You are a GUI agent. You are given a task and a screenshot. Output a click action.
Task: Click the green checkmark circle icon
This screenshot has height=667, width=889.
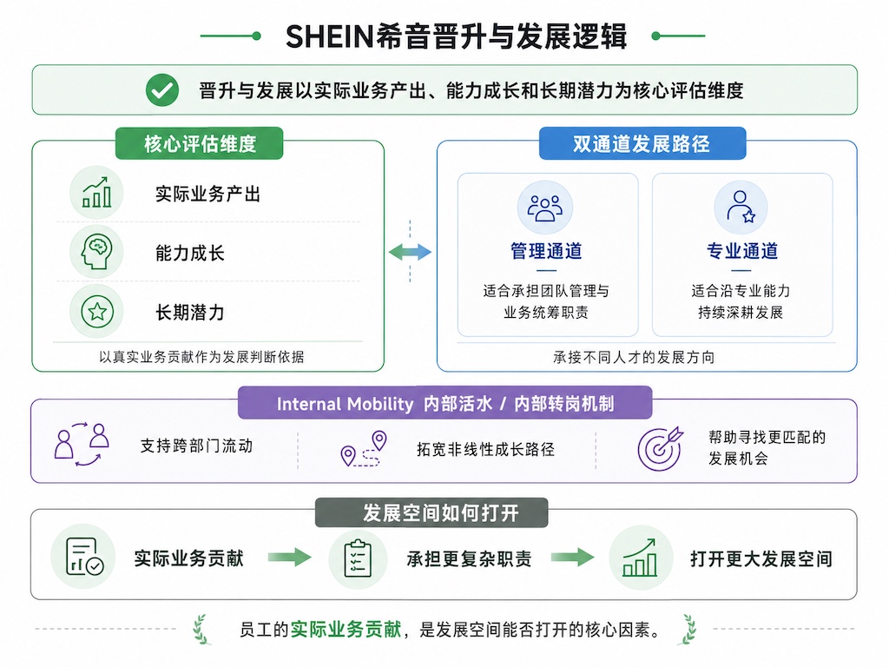click(x=162, y=89)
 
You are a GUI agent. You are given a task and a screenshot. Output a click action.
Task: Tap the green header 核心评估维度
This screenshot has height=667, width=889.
click(x=199, y=143)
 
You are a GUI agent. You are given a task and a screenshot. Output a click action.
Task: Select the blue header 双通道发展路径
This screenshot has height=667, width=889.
click(x=642, y=143)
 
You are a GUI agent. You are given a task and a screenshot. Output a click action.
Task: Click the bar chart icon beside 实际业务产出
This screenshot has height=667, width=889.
click(x=96, y=192)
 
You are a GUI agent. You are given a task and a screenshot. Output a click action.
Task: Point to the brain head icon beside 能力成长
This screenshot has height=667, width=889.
click(x=96, y=252)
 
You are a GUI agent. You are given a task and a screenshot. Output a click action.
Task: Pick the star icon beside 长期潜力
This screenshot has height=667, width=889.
click(x=96, y=312)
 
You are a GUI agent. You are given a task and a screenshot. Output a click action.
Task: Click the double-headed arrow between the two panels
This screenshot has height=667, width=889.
click(x=410, y=252)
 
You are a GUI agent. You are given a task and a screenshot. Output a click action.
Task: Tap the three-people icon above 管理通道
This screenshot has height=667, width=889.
click(x=545, y=208)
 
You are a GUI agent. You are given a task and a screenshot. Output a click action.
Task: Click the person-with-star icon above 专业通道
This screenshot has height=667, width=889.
click(x=741, y=208)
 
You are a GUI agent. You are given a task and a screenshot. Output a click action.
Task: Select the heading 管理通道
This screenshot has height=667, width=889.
click(x=546, y=251)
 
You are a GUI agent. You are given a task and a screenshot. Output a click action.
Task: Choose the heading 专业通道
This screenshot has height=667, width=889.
click(x=741, y=251)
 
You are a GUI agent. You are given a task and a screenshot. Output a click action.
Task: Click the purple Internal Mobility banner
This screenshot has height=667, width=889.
click(x=445, y=403)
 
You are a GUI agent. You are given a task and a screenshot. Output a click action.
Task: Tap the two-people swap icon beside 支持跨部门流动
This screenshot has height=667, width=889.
click(x=82, y=445)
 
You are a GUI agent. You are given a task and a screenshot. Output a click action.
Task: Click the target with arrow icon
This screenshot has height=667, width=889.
click(x=661, y=448)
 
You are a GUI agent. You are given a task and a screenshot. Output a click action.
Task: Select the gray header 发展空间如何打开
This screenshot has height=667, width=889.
click(x=431, y=512)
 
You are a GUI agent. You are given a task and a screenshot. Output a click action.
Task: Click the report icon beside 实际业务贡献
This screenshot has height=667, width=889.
click(x=83, y=557)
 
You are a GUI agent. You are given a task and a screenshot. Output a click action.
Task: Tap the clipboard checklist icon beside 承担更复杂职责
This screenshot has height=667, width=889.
click(x=358, y=558)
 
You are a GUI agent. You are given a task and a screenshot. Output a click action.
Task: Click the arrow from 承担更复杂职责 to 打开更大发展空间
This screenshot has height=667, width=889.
click(x=573, y=557)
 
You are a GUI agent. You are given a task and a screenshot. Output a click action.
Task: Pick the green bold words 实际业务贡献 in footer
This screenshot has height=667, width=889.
click(x=346, y=629)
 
